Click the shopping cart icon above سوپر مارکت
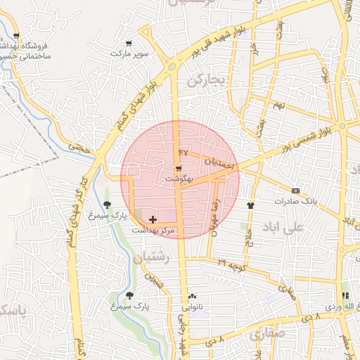(127, 44)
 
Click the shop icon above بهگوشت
(178, 169)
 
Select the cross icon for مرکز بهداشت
(153, 220)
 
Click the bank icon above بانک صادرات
(295, 191)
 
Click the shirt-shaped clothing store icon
(250, 205)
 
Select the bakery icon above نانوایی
(192, 297)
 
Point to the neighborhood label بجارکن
(206, 81)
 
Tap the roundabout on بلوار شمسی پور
(341, 126)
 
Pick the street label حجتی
(82, 147)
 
